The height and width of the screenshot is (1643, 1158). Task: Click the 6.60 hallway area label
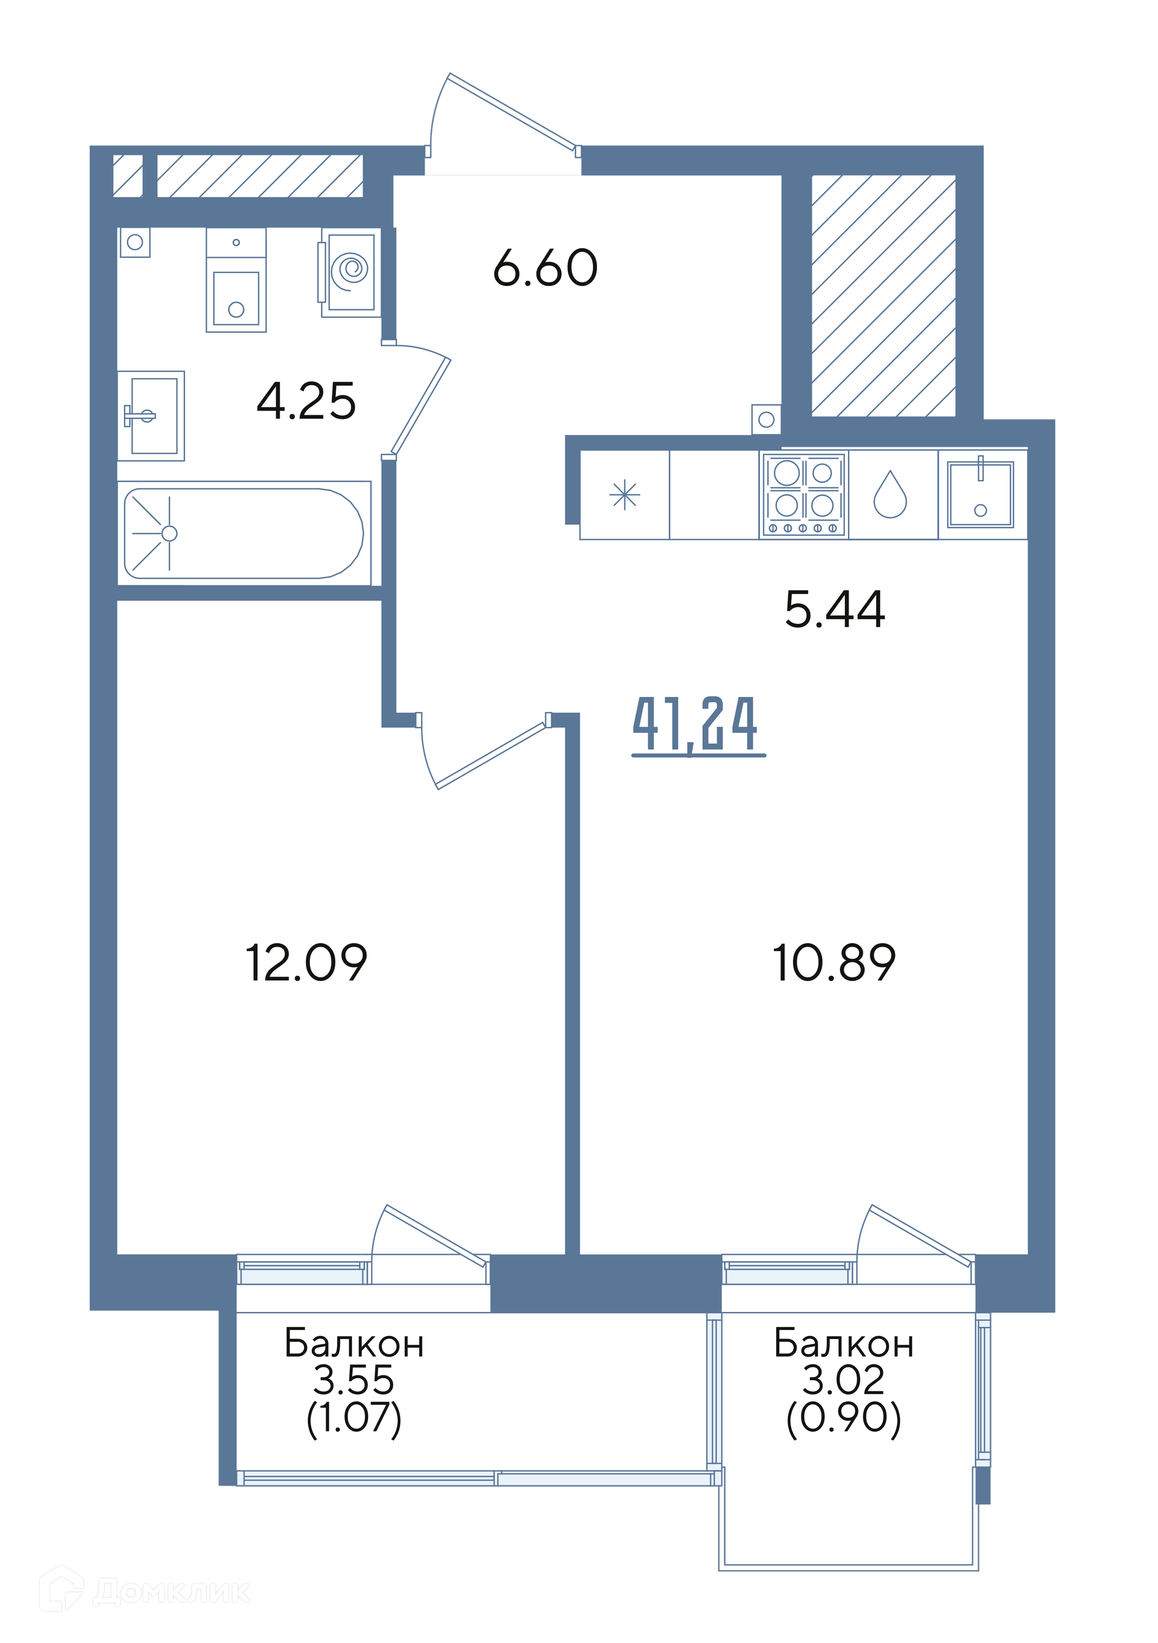click(x=545, y=268)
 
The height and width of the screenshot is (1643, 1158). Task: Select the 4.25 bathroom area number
click(x=306, y=401)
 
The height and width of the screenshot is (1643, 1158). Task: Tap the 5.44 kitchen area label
click(x=835, y=610)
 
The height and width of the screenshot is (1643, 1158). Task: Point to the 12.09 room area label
click(x=306, y=962)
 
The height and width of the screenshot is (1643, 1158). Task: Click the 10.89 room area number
click(x=835, y=962)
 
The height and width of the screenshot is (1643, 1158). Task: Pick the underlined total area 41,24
click(x=698, y=725)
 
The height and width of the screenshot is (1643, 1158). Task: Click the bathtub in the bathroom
click(x=244, y=533)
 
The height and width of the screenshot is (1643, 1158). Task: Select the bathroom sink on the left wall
click(x=151, y=416)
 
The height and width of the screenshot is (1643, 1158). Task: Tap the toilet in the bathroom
click(x=236, y=280)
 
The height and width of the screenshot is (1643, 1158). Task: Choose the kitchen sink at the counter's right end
click(x=981, y=494)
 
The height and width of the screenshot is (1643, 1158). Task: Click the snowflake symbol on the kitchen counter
click(x=625, y=494)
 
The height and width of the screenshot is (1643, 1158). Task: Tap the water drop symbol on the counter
click(x=890, y=494)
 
